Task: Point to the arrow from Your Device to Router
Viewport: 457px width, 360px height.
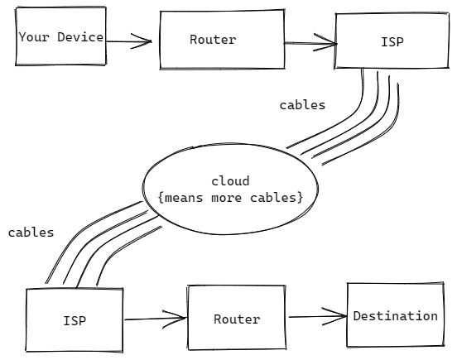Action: click(x=129, y=41)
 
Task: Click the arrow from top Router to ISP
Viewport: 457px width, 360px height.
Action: click(x=310, y=43)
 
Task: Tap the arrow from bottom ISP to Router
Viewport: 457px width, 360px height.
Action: click(x=156, y=319)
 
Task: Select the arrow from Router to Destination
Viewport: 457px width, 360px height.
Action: click(x=318, y=316)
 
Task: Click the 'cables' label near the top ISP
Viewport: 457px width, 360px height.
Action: click(x=302, y=105)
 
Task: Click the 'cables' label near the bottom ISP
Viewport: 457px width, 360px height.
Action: click(x=31, y=233)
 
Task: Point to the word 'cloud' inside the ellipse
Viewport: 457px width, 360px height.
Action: click(x=230, y=181)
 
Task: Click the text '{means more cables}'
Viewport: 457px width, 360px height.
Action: click(x=230, y=198)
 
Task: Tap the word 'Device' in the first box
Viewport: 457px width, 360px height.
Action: click(x=80, y=37)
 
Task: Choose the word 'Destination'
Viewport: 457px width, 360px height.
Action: click(x=396, y=316)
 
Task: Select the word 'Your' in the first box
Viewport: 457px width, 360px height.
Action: click(x=34, y=37)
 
